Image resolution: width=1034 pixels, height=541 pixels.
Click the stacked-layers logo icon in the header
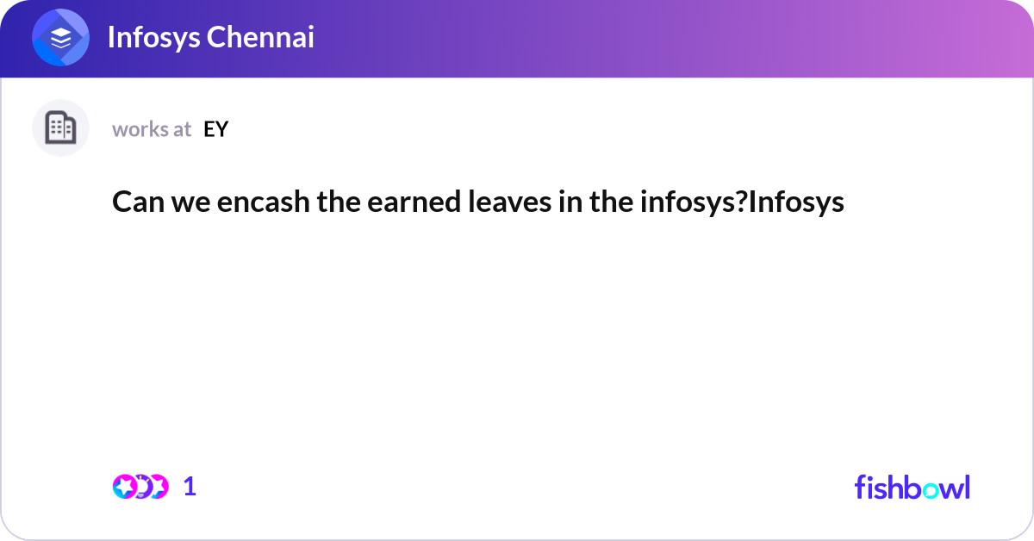pyautogui.click(x=60, y=38)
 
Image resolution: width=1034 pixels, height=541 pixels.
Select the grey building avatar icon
pyautogui.click(x=60, y=128)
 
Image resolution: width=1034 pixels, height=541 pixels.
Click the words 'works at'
pyautogui.click(x=152, y=129)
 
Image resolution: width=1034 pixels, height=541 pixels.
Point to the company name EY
pyautogui.click(x=215, y=129)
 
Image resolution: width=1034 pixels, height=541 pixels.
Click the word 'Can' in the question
pyautogui.click(x=134, y=202)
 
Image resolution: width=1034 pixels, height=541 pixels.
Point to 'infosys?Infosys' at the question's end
pyautogui.click(x=742, y=202)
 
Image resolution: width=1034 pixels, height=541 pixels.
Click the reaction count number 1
pyautogui.click(x=190, y=487)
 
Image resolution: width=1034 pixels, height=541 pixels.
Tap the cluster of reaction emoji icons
pyautogui.click(x=140, y=487)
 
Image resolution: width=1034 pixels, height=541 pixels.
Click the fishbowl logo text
pyautogui.click(x=912, y=487)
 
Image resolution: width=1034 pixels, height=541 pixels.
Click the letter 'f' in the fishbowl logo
pyautogui.click(x=859, y=487)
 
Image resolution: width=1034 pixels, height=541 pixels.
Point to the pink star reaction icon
pyautogui.click(x=126, y=487)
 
